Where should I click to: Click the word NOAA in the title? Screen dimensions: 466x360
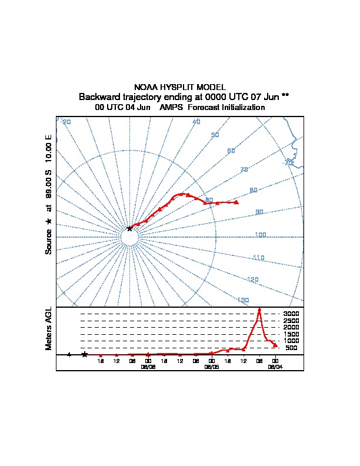[145, 87]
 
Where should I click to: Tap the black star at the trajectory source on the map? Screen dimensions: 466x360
[130, 228]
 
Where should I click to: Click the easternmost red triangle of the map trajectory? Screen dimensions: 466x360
[236, 202]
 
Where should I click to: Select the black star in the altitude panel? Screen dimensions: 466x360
[85, 354]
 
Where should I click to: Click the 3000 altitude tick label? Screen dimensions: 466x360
[291, 314]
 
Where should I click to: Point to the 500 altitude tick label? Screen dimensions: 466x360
[291, 348]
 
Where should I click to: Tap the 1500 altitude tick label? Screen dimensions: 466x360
[291, 334]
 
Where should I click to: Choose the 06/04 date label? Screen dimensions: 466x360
[275, 366]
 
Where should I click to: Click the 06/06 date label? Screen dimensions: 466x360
[148, 366]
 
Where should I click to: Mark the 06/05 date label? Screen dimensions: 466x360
[212, 366]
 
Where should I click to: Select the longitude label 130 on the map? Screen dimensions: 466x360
[243, 300]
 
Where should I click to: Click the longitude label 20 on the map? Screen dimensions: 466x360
[66, 122]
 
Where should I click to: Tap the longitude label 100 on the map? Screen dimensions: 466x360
[261, 235]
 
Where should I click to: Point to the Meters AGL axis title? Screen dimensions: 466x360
[49, 328]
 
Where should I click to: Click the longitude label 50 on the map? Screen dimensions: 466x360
[215, 135]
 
